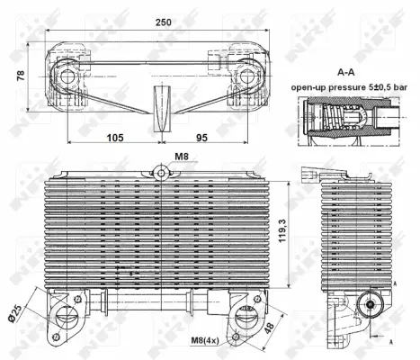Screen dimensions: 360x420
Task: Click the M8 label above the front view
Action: click(x=181, y=155)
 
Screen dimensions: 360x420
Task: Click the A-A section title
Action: click(x=346, y=70)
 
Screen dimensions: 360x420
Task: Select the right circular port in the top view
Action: click(x=247, y=78)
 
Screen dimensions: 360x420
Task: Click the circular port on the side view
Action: click(x=370, y=307)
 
